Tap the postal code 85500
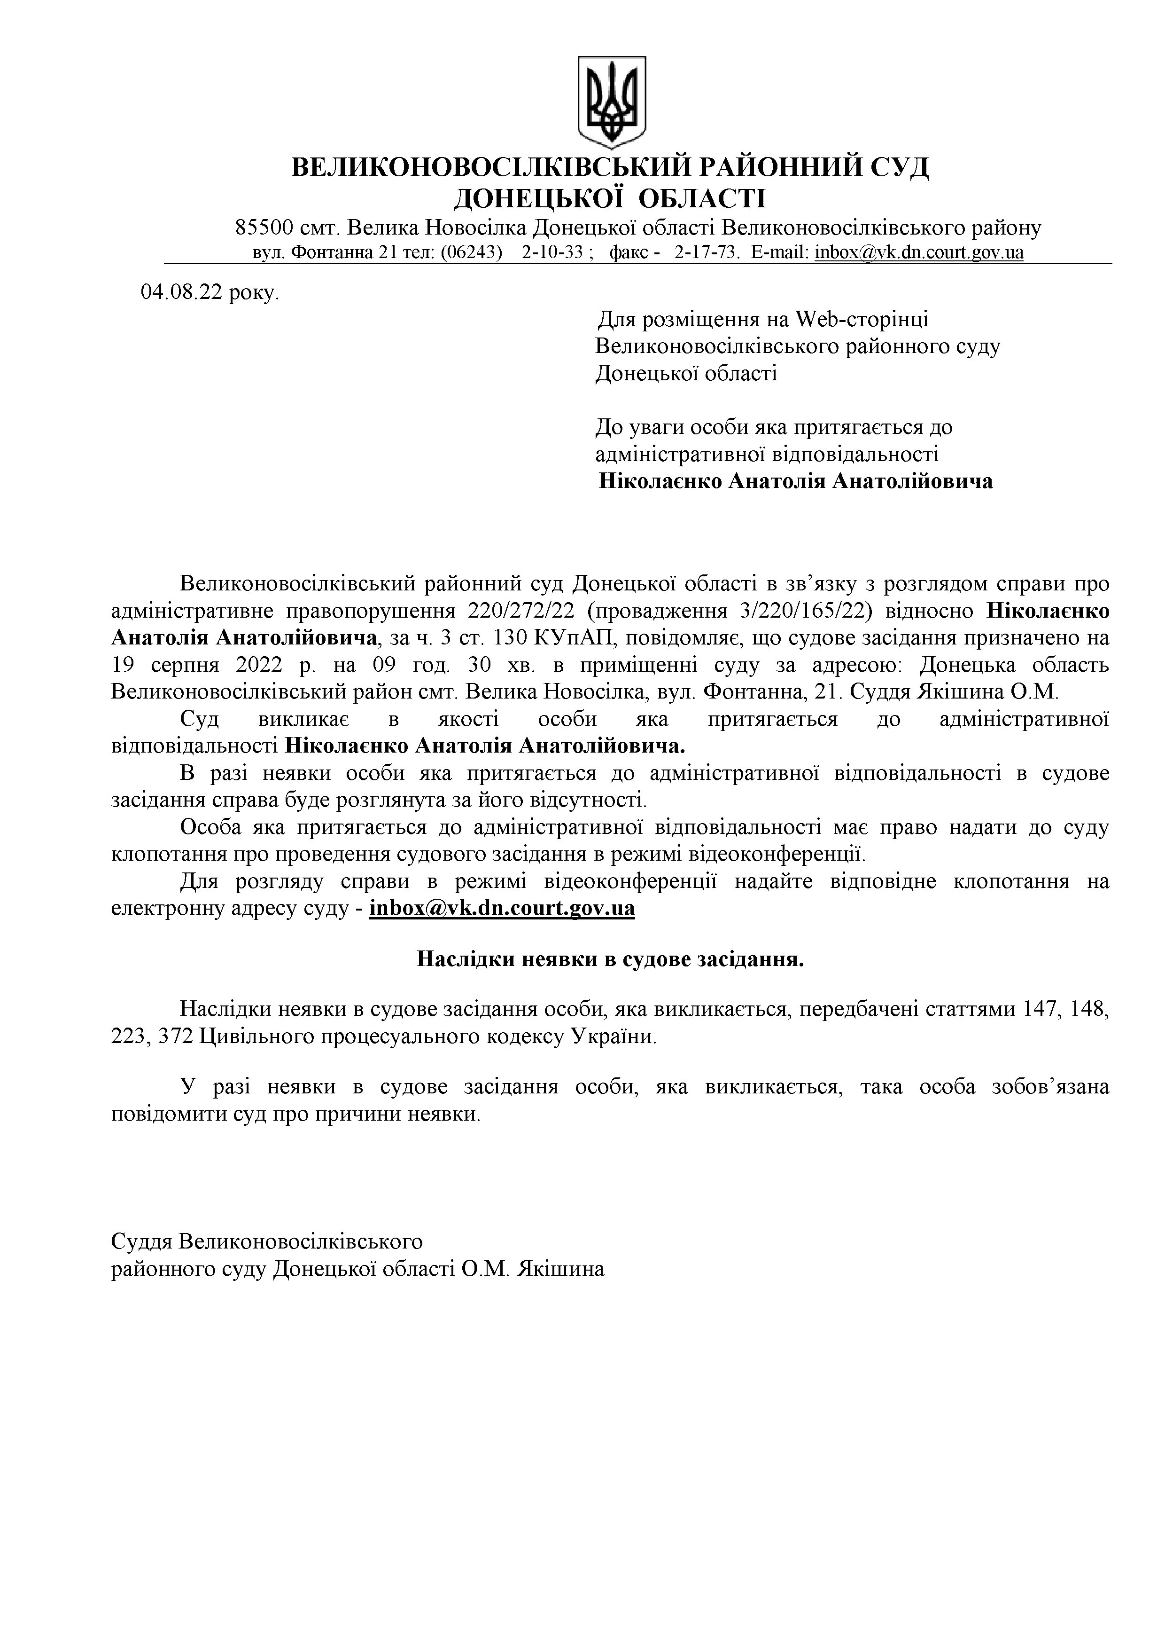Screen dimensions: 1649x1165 [264, 228]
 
